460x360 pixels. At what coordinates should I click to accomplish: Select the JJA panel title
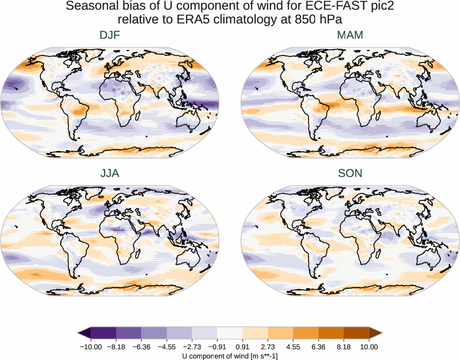(x=110, y=173)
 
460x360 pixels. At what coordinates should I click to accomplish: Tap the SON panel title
(x=350, y=173)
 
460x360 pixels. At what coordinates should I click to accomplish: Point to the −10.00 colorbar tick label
(x=91, y=347)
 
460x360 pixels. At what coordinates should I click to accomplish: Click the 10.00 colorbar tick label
(x=369, y=347)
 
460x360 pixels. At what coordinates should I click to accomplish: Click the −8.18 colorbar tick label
(x=116, y=347)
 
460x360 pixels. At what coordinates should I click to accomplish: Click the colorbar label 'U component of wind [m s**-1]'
(x=230, y=356)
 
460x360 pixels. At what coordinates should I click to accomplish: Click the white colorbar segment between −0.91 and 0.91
(x=230, y=333)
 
